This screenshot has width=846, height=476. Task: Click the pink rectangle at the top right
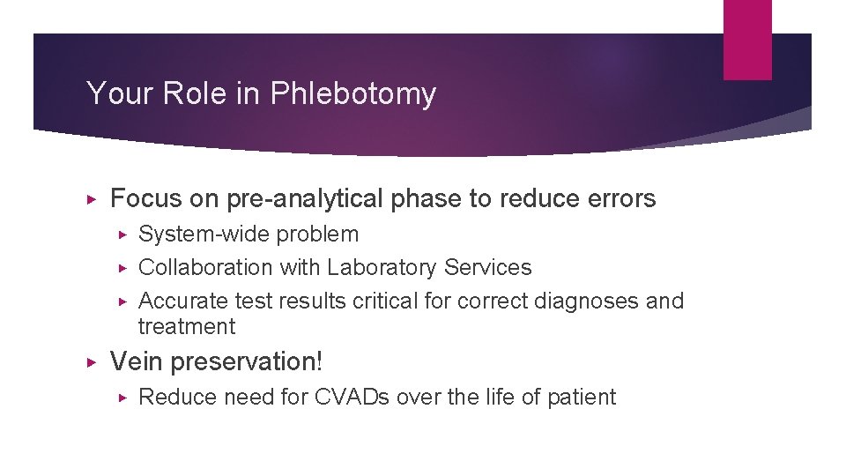coord(747,40)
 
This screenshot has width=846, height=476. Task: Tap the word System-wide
coord(204,234)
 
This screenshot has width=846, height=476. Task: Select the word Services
coord(489,267)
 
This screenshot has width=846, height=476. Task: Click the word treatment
coord(187,327)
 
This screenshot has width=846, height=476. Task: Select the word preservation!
coord(247,361)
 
